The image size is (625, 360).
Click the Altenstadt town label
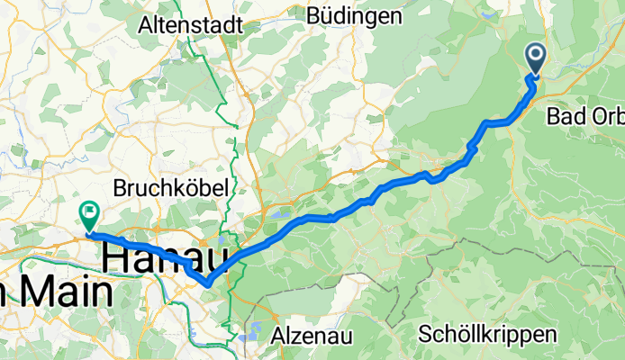click(x=190, y=26)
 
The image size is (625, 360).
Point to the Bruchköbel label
click(x=170, y=187)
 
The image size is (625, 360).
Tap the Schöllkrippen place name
click(x=487, y=334)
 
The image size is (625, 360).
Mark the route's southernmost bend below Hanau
click(x=208, y=283)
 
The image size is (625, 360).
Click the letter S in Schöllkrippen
click(x=425, y=334)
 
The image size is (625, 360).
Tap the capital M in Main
click(x=27, y=292)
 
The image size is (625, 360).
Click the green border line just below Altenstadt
click(x=210, y=63)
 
